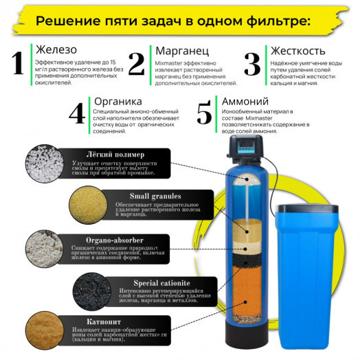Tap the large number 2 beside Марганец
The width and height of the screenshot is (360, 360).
(x=136, y=63)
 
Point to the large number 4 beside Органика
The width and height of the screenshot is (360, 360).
(x=77, y=112)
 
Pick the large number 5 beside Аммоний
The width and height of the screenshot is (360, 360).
(x=204, y=112)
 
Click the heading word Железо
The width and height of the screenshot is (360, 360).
(x=54, y=50)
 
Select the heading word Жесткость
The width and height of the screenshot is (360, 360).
(x=297, y=50)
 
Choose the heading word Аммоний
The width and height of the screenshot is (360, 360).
(x=243, y=100)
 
